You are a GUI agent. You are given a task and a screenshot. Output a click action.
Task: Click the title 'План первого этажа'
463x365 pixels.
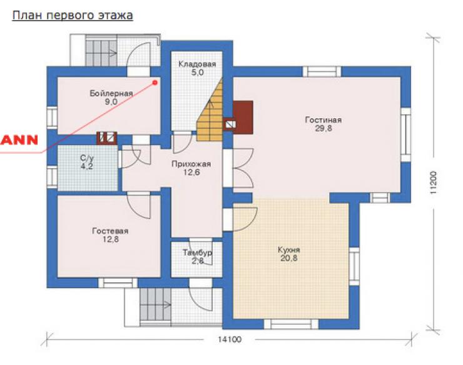pyautogui.click(x=73, y=16)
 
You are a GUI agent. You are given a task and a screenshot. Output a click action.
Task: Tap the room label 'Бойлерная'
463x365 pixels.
pyautogui.click(x=111, y=94)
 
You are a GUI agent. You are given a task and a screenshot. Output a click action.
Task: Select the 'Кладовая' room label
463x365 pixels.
pyautogui.click(x=197, y=64)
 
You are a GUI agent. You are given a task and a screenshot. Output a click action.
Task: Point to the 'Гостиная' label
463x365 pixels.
pyautogui.click(x=323, y=120)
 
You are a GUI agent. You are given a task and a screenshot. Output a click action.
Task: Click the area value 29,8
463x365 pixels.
pyautogui.click(x=323, y=128)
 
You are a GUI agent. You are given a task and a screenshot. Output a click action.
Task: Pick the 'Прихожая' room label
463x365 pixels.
pyautogui.click(x=191, y=164)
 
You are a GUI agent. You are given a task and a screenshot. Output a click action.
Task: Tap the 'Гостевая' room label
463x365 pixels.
pyautogui.click(x=111, y=231)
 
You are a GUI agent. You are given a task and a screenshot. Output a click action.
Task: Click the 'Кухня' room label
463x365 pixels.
pyautogui.click(x=289, y=250)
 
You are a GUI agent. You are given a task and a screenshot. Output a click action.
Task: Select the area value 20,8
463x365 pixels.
pyautogui.click(x=289, y=258)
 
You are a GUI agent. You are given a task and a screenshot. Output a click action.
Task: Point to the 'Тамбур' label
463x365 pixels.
pyautogui.click(x=197, y=252)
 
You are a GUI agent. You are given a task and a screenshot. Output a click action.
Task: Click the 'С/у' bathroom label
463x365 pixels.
pyautogui.click(x=87, y=158)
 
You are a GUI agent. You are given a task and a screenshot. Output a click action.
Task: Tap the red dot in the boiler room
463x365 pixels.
pyautogui.click(x=155, y=82)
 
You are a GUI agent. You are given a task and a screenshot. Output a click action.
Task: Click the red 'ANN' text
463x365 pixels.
pyautogui.click(x=19, y=139)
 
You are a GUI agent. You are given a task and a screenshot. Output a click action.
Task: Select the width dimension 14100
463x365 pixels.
pyautogui.click(x=230, y=339)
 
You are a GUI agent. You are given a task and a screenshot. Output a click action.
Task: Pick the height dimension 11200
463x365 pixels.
pyautogui.click(x=433, y=182)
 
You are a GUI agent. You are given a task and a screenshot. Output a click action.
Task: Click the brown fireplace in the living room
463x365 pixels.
pyautogui.click(x=243, y=117)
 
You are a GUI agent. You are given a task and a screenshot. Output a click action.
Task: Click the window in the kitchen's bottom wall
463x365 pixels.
pyautogui.click(x=291, y=324)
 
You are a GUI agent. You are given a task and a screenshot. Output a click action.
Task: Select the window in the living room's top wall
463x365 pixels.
pyautogui.click(x=322, y=72)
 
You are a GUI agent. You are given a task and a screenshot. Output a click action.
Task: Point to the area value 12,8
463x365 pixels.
pyautogui.click(x=111, y=239)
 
